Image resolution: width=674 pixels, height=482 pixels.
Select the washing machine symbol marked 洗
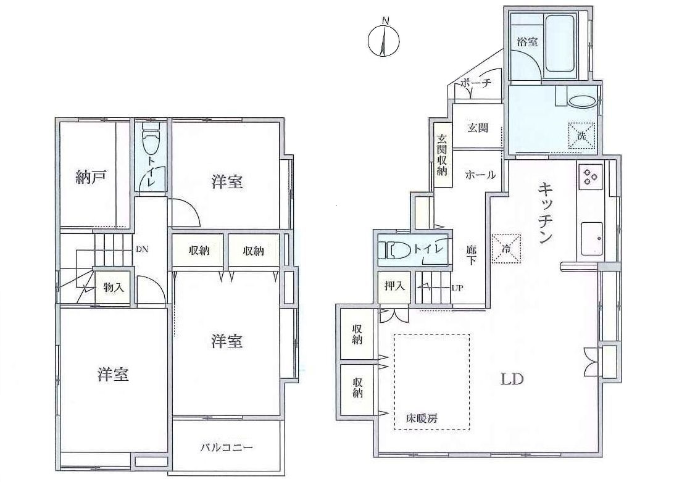coord(581,136)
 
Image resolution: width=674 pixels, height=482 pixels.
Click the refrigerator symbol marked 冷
coord(506,248)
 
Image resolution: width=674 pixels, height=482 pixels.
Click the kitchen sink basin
coord(592,239)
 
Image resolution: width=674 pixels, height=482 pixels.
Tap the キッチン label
coord(544,214)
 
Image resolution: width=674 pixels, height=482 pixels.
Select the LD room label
coord(512,379)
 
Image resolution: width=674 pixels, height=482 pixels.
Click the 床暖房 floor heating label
coord(422,418)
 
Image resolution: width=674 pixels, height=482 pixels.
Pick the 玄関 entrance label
coord(478,128)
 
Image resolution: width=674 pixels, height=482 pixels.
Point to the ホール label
coord(480,175)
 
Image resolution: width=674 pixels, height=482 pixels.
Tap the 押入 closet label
coord(394,286)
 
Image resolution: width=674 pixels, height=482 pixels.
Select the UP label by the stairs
coord(457,288)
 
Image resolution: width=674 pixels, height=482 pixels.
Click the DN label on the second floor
coord(142,249)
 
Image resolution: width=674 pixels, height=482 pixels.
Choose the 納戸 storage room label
coord(91,177)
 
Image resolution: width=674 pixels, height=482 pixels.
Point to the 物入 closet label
coord(114,287)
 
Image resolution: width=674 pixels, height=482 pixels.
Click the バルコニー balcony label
coord(227,447)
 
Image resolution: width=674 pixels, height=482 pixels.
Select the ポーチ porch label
coord(476,83)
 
